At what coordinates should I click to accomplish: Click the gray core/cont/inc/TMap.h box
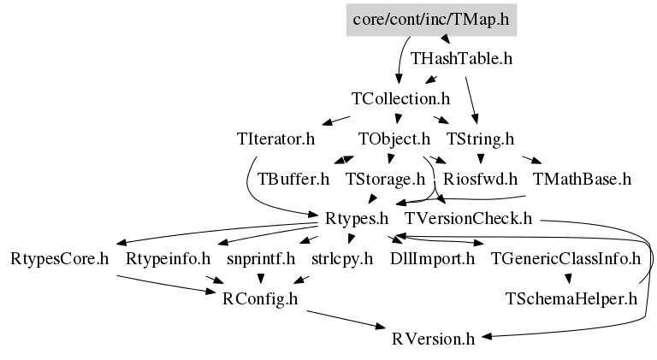431,20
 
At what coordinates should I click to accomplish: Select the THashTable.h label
461,59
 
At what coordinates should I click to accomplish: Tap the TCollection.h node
400,99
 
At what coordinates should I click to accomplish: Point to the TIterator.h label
275,139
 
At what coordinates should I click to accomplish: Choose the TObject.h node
394,139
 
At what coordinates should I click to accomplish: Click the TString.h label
480,139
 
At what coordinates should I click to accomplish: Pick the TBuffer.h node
293,179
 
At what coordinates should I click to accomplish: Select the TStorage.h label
386,179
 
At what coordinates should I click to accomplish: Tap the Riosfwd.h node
480,179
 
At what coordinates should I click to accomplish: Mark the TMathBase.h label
582,179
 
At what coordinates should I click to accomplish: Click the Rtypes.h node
357,219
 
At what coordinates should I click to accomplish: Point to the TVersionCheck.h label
469,219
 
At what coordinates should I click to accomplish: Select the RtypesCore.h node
60,259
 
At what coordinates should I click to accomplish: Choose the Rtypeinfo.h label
168,259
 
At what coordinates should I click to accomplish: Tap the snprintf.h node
261,259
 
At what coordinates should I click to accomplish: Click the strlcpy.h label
342,259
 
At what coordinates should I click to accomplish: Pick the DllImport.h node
432,259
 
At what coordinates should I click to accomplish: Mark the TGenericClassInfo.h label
565,259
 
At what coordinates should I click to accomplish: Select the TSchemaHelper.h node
571,299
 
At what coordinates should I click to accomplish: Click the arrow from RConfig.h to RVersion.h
346,320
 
